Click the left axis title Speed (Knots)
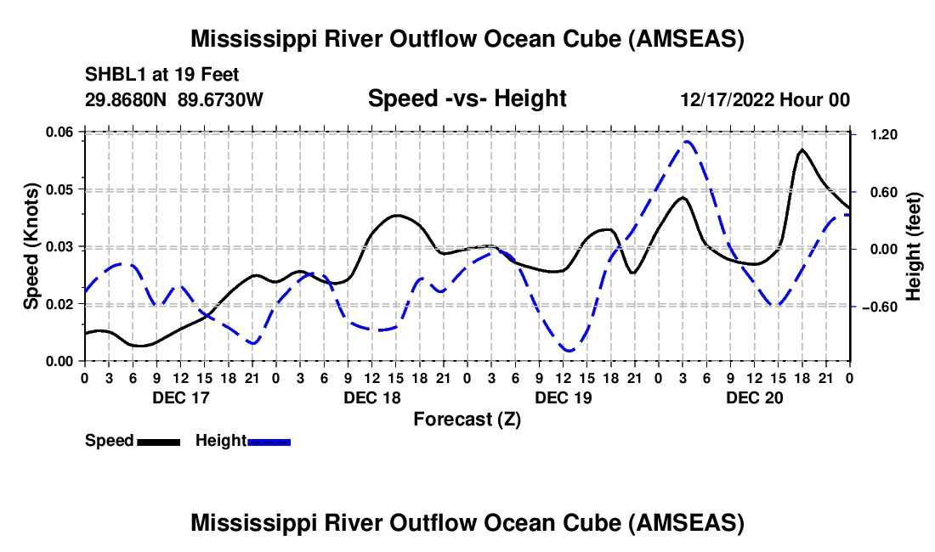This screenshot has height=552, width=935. (31, 246)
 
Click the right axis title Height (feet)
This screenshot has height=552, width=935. (914, 246)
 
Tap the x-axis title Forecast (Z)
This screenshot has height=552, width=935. (467, 419)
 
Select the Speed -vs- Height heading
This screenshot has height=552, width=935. (467, 99)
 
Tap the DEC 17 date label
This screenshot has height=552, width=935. (179, 397)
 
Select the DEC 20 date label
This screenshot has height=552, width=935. (754, 397)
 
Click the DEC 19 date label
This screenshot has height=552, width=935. (563, 397)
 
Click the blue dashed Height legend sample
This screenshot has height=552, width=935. (269, 441)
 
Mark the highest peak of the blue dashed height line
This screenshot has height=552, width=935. (686, 141)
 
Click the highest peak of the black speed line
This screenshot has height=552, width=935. (802, 149)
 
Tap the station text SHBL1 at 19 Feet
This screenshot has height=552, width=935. (150, 74)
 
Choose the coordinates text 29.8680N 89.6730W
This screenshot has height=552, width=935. (174, 99)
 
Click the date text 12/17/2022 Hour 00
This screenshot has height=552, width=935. (765, 99)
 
